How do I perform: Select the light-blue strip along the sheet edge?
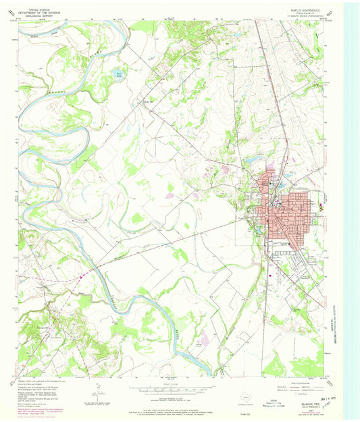351,203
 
